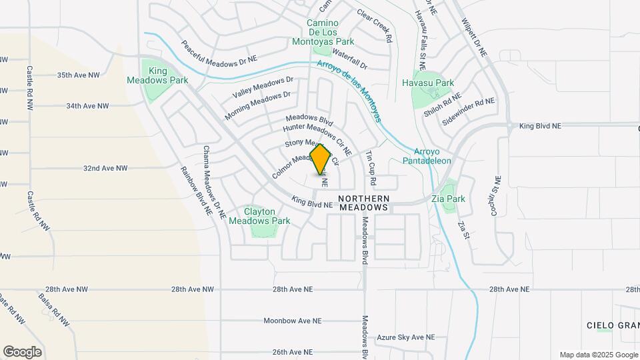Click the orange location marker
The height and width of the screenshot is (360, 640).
tap(321, 159)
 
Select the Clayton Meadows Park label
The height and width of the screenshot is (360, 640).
tap(259, 216)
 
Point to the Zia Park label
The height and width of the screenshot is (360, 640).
tap(456, 199)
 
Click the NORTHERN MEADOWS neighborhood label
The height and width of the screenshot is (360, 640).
tap(363, 203)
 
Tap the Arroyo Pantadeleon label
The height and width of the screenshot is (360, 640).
tap(427, 156)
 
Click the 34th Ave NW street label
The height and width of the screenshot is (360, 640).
tap(87, 106)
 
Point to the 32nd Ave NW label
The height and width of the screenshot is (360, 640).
tap(105, 169)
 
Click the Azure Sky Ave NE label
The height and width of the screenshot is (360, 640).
tap(405, 338)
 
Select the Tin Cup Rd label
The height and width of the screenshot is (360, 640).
tap(372, 168)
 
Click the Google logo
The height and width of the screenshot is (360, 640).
tap(22, 351)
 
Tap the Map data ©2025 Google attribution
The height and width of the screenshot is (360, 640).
tap(598, 355)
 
